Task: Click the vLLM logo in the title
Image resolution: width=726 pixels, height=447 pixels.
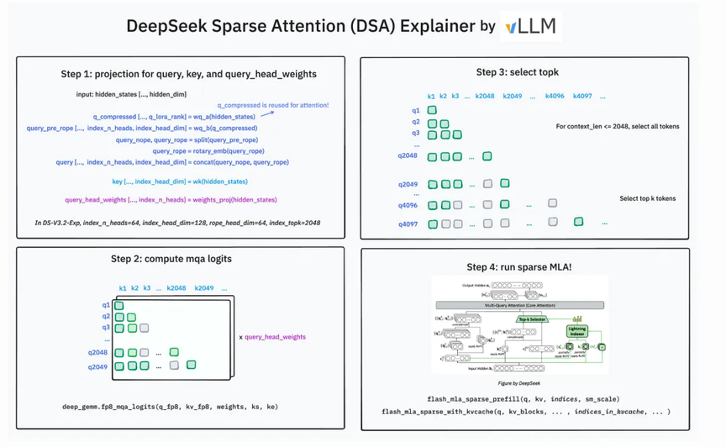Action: point(530,26)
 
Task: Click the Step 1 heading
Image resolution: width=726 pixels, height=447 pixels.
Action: point(188,74)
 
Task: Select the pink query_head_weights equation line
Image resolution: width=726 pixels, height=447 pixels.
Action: point(171,200)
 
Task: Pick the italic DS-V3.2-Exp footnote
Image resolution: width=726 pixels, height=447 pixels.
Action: point(177,222)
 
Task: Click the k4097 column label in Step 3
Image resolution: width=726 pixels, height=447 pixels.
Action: point(581,97)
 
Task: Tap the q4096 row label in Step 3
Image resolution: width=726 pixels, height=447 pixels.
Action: point(408,205)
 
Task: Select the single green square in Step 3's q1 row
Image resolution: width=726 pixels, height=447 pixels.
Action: point(432,110)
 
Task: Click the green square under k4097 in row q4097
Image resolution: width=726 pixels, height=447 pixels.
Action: point(578,223)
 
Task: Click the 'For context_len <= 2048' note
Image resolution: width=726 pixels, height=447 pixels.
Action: point(618,126)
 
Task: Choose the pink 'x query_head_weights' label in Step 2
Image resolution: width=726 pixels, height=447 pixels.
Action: point(272,337)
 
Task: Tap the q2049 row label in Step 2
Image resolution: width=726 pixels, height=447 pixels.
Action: point(97,366)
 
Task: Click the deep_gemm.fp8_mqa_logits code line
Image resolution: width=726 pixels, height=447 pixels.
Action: point(170,407)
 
